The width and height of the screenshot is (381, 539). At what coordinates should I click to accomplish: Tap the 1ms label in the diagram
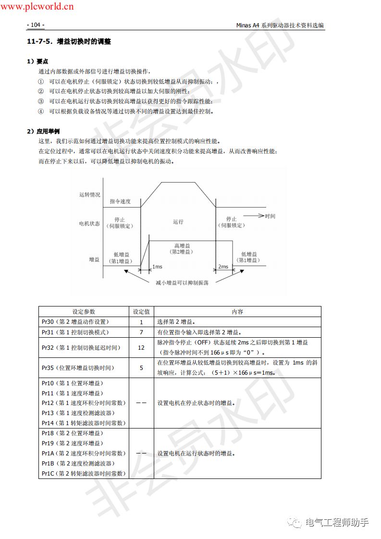(x=157, y=267)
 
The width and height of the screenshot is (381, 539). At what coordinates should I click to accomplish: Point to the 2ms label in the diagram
(x=223, y=267)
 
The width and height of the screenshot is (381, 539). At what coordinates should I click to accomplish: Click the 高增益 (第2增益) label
(x=183, y=248)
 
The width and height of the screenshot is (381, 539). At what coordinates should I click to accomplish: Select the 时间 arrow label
(x=270, y=216)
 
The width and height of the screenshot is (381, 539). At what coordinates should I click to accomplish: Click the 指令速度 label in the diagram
(x=120, y=201)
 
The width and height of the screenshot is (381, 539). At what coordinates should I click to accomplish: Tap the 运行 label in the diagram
(x=178, y=222)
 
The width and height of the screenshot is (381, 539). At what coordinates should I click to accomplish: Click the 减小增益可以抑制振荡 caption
(x=182, y=282)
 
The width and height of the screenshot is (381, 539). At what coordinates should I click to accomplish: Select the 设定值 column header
(x=141, y=311)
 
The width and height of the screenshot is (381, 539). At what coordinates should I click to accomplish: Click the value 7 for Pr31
(x=141, y=332)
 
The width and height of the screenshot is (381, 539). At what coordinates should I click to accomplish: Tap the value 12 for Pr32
(x=141, y=347)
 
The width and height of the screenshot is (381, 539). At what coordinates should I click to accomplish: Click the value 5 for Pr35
(x=141, y=368)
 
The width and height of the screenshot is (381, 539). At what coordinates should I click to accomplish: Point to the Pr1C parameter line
(x=83, y=473)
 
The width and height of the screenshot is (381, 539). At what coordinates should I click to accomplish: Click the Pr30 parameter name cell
(x=75, y=322)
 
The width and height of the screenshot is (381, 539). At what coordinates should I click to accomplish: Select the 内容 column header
(x=237, y=311)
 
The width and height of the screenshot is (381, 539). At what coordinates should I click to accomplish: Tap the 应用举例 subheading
(x=46, y=131)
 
